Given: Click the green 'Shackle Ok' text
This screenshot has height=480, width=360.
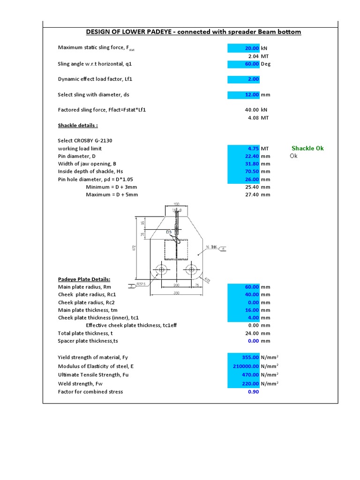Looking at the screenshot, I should coord(307,148).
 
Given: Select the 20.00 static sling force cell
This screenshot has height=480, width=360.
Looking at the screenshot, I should coord(243,48).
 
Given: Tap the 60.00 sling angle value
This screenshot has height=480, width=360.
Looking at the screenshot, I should coord(243,64).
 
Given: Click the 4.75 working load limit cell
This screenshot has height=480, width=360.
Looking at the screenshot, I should coord(243,149).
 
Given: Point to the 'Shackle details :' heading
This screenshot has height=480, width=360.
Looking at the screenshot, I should coord(78,126).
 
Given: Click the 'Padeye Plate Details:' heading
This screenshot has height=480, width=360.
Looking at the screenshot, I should coord(84,279).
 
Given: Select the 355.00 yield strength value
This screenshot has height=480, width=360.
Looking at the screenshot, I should coord(243,358).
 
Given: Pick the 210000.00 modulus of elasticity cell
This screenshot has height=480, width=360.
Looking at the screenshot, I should coord(243,366).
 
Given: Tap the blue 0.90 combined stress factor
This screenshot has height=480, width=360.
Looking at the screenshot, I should coord(253,392).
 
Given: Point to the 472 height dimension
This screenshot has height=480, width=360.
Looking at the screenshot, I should coord(134,247).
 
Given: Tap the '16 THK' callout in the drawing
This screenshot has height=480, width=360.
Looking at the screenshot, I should coord(211,247).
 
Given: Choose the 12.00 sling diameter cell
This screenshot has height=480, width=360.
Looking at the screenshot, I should coord(243,95).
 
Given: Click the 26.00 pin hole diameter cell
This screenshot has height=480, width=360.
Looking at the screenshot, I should coord(243,180).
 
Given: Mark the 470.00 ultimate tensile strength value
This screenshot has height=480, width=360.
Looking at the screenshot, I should coord(243,375).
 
